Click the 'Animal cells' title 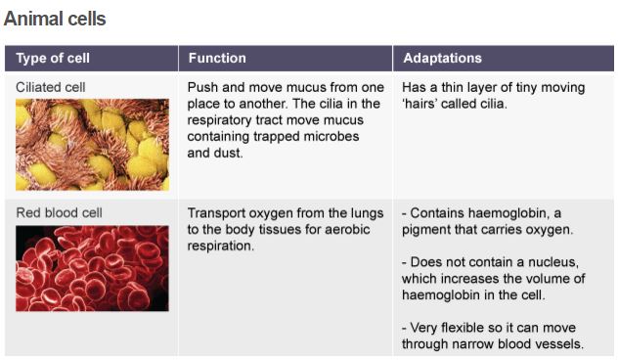tap(55, 19)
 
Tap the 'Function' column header tap(217, 59)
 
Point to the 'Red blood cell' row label tap(59, 212)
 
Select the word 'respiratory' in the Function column tap(223, 120)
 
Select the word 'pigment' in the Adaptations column tap(427, 230)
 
